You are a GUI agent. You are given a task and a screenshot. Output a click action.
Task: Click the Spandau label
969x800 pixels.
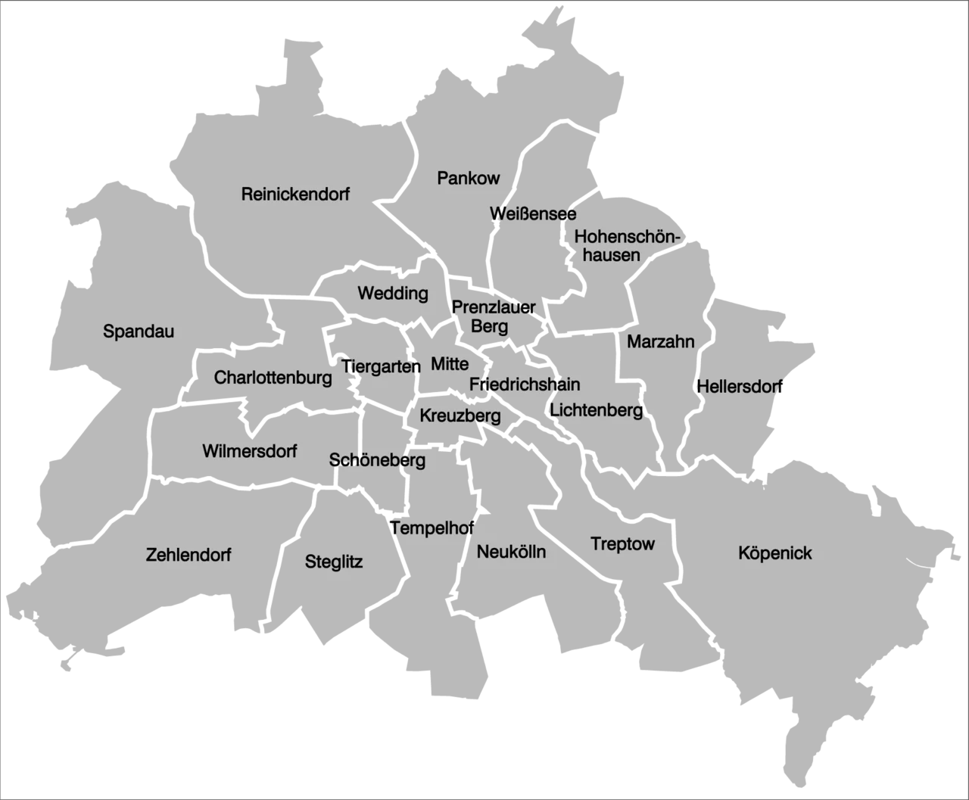[139, 332]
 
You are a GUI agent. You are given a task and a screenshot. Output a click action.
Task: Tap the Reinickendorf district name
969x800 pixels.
[295, 195]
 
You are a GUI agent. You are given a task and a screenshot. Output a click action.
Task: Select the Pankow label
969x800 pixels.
[469, 179]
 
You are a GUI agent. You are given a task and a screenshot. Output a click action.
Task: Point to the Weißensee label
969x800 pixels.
[532, 214]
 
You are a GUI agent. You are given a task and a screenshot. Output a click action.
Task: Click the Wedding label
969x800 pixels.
[393, 293]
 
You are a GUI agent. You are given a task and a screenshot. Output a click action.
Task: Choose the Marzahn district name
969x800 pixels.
[660, 342]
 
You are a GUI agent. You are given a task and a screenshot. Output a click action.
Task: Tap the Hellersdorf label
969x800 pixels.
[739, 387]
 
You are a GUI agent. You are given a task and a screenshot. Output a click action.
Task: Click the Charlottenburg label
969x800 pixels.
[273, 378]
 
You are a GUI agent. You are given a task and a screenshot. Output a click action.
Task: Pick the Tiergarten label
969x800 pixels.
[382, 367]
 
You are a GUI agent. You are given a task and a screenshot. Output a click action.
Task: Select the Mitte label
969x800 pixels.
[450, 364]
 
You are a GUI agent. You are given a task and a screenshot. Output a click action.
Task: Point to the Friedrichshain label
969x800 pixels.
[525, 384]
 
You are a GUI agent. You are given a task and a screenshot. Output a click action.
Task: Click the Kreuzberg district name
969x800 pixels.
[460, 416]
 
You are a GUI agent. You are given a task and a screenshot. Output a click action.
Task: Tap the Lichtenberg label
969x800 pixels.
[597, 410]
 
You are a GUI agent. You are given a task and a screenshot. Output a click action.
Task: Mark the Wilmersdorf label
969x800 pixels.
[249, 451]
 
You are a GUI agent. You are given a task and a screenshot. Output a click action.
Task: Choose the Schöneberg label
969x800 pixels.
[377, 460]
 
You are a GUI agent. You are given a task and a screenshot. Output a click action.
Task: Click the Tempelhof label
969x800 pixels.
[432, 528]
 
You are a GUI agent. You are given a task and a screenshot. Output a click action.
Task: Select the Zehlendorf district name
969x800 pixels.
[189, 555]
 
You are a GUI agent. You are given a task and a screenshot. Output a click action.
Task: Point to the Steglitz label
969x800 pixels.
[334, 562]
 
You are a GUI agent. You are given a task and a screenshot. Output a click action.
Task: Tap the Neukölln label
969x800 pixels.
[511, 552]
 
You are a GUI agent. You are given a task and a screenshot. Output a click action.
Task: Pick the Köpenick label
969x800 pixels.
[774, 553]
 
